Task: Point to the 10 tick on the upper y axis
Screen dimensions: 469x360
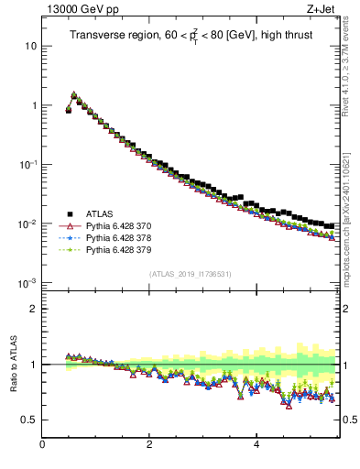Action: tap(30, 46)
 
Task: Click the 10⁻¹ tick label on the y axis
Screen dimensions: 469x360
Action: tap(27, 164)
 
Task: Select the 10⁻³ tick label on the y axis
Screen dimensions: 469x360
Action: tap(27, 283)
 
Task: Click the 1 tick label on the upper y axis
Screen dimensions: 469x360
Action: tap(34, 105)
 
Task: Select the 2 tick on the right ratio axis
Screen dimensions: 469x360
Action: tap(347, 309)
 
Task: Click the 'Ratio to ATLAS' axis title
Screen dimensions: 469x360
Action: tap(12, 365)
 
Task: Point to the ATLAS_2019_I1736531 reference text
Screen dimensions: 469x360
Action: tap(191, 274)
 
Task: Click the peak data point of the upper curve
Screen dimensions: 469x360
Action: tap(74, 94)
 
